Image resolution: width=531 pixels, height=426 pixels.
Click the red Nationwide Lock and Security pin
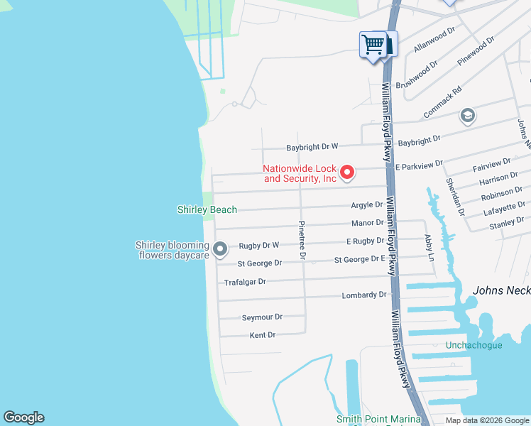(x=347, y=172)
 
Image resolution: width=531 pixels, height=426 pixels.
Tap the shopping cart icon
(x=373, y=45)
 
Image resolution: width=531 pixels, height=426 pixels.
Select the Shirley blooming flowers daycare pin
(x=220, y=248)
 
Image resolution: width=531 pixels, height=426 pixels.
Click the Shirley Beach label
(x=207, y=209)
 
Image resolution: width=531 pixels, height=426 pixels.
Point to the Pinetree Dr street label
(x=302, y=241)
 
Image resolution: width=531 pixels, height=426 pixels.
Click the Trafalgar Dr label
(x=245, y=282)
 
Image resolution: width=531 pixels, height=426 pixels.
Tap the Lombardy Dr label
(x=364, y=295)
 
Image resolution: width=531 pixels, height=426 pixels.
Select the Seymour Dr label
(x=262, y=317)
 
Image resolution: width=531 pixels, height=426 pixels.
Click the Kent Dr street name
(x=262, y=334)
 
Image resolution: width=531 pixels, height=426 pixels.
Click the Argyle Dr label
(x=367, y=205)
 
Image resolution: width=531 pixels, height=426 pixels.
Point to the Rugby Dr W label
(x=259, y=246)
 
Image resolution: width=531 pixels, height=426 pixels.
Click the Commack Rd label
(x=442, y=102)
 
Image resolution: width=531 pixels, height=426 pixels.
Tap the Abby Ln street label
(x=428, y=248)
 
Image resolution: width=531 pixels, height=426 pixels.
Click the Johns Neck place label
(x=501, y=290)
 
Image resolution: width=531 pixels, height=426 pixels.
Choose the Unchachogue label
(x=473, y=346)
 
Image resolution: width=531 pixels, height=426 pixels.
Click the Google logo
(x=23, y=417)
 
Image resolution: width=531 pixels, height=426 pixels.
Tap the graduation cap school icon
(x=468, y=116)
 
